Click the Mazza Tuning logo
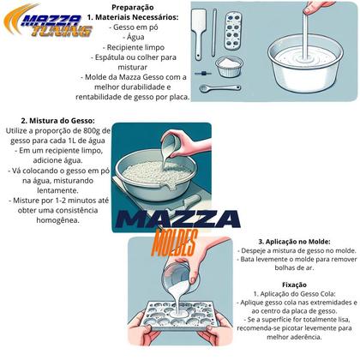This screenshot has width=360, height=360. click(48, 21)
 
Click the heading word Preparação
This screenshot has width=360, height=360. click(133, 8)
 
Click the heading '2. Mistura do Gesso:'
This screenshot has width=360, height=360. click(57, 121)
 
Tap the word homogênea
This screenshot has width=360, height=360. click(57, 220)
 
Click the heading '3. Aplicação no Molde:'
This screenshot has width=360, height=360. click(294, 242)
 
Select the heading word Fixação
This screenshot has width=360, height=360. click(294, 285)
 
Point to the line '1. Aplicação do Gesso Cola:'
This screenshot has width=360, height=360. click(294, 294)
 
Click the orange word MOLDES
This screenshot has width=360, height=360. click(175, 243)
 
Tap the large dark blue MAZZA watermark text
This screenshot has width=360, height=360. click(177, 219)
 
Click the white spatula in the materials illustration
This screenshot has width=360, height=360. click(199, 34)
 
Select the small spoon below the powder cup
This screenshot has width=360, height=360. click(219, 88)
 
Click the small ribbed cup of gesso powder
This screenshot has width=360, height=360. click(229, 67)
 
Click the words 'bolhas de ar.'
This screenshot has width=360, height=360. click(294, 268)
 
